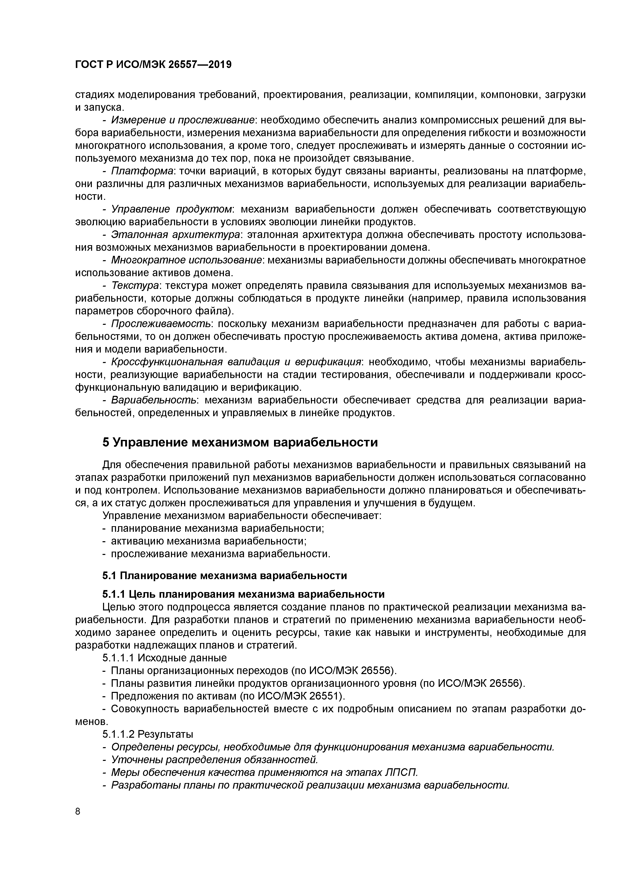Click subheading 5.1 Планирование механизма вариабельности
point(225,575)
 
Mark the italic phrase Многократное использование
point(186,260)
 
